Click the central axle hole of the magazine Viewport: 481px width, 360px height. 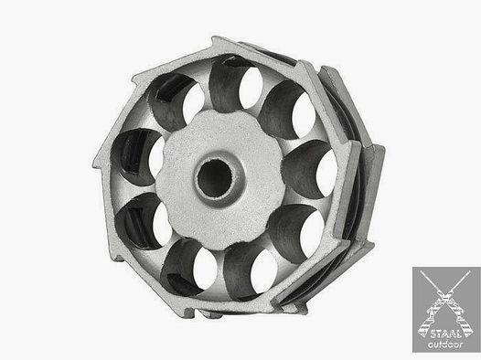215,178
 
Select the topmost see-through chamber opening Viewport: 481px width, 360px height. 251,88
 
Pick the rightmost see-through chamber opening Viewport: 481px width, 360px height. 326,173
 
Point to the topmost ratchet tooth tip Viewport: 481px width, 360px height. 214,38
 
